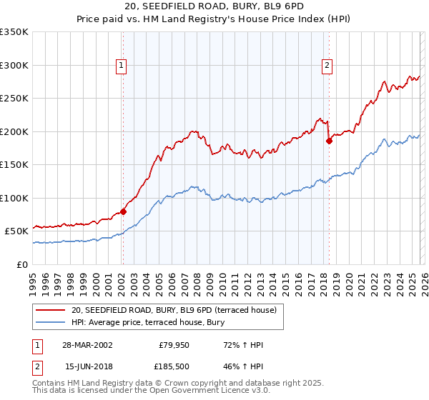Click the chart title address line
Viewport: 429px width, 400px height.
point(214,6)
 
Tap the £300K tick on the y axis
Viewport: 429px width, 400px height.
point(14,65)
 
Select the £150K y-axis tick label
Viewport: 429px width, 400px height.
point(14,164)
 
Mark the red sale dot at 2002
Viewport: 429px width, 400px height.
point(123,211)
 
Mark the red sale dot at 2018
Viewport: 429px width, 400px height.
point(330,141)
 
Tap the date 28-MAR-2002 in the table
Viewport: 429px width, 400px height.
point(87,345)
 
